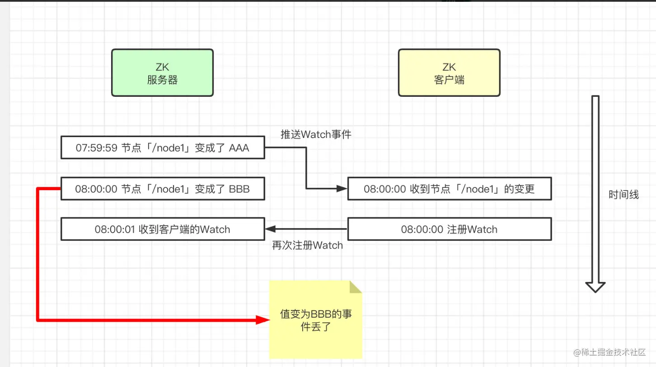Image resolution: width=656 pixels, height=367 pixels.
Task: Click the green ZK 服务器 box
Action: click(162, 73)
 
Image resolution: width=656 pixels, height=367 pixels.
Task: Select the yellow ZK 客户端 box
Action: click(449, 73)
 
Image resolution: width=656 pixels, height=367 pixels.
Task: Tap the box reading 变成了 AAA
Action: click(162, 148)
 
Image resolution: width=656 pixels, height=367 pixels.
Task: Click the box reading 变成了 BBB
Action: click(162, 189)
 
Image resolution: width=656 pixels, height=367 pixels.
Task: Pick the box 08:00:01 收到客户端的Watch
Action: click(162, 229)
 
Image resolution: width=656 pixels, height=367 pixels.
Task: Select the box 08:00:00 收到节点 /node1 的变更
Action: click(449, 189)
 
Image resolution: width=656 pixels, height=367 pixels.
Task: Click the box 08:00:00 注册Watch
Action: click(449, 229)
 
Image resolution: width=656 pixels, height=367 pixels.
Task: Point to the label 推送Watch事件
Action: click(316, 134)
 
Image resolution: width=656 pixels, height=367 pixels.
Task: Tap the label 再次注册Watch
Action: click(307, 245)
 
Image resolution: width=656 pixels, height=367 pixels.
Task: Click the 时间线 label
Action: click(623, 195)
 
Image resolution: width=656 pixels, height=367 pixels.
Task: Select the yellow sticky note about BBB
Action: click(315, 319)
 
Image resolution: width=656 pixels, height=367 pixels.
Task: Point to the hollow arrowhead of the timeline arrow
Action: click(595, 286)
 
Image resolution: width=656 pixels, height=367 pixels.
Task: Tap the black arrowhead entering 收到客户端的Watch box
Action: click(270, 229)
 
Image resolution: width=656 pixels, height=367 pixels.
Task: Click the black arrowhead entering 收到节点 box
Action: click(342, 189)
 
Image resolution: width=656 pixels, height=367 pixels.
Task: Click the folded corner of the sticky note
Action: click(356, 287)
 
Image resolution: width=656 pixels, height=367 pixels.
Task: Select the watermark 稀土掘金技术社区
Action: click(610, 352)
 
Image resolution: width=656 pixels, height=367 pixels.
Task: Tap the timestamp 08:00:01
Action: click(115, 229)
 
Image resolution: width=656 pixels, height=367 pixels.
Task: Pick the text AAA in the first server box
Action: click(239, 148)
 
